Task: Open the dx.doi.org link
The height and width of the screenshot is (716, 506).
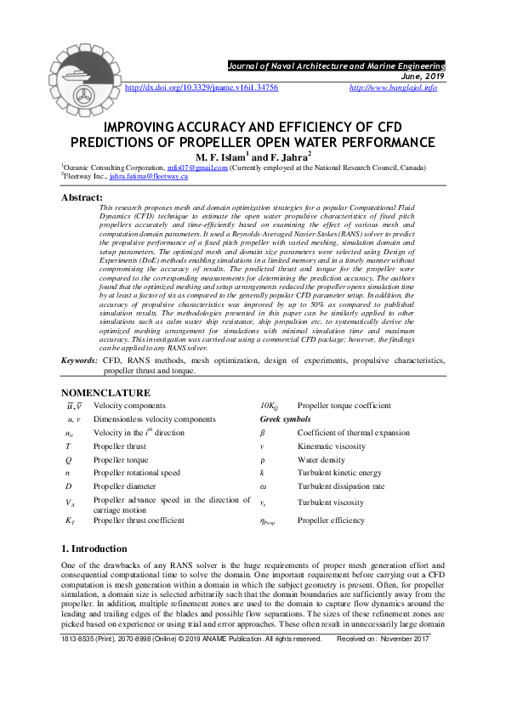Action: click(x=202, y=88)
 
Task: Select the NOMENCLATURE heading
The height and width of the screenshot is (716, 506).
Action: click(x=106, y=393)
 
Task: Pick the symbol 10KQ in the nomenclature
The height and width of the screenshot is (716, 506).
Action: click(x=271, y=406)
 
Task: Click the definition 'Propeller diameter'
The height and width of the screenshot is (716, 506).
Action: click(x=126, y=486)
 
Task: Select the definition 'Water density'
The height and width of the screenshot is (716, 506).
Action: click(x=321, y=460)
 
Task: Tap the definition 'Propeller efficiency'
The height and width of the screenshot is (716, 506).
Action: click(x=331, y=520)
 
